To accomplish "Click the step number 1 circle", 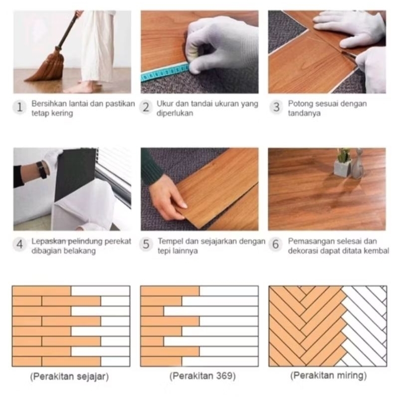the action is [19, 107].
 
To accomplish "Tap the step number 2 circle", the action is [146, 107].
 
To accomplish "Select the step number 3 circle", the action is [276, 107].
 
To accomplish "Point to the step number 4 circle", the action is [19, 244].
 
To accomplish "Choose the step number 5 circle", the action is [146, 244].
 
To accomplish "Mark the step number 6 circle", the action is [276, 244].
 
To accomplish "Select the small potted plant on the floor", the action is [343, 163].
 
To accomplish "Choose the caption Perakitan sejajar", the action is [69, 377].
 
